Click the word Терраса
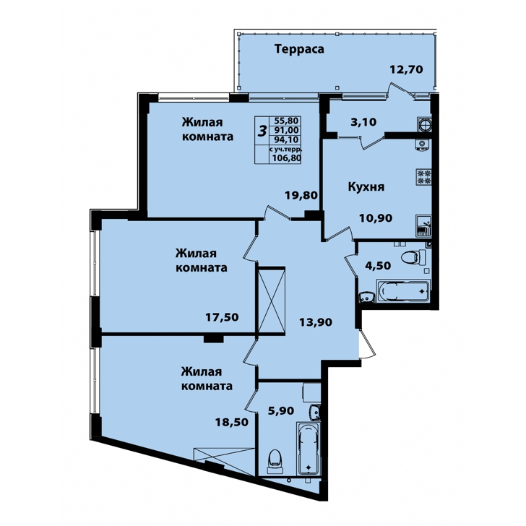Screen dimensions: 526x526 (x=299, y=49)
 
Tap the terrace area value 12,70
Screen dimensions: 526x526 (x=406, y=69)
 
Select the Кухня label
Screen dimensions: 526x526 (x=366, y=186)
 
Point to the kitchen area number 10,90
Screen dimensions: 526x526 (x=376, y=218)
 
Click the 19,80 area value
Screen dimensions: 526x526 (x=301, y=195)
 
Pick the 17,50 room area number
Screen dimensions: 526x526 (x=222, y=316)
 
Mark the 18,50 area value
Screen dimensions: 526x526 (x=232, y=422)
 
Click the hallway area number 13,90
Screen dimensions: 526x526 (x=316, y=322)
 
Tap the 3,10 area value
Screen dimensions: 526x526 (x=363, y=122)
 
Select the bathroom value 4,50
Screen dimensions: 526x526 (x=378, y=266)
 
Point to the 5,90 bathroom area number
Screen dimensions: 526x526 (x=281, y=410)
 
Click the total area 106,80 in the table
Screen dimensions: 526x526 (x=286, y=158)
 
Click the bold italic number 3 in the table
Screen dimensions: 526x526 (x=262, y=131)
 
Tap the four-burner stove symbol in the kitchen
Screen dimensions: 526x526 (x=423, y=177)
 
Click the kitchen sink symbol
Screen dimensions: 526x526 (x=423, y=225)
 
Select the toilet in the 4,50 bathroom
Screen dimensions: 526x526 (x=413, y=258)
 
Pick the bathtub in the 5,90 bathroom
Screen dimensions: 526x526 (x=309, y=449)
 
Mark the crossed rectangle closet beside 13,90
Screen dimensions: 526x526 (x=270, y=301)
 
